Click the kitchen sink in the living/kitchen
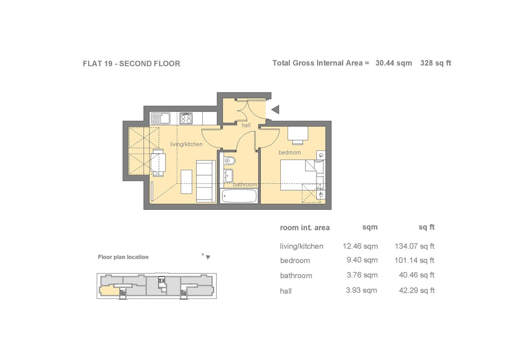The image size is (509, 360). [x=161, y=118]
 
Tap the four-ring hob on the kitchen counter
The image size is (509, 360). [x=186, y=118]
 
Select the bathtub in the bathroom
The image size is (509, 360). [x=239, y=196]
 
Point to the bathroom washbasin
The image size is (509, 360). [x=228, y=175]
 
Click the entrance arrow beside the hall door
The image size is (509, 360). [x=275, y=110]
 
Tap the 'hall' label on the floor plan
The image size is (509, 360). [x=246, y=125]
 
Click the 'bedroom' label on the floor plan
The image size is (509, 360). [x=290, y=152]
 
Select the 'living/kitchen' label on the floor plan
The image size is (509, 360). [x=186, y=144]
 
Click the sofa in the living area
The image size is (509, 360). [x=206, y=181]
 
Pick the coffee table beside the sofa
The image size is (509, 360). [x=186, y=182]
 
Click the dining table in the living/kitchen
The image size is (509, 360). [x=158, y=163]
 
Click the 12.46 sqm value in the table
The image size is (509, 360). [x=360, y=246]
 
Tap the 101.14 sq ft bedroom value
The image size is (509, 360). [x=414, y=260]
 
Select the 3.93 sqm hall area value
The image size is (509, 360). [x=361, y=290]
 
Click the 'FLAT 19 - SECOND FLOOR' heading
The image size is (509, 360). [x=131, y=63]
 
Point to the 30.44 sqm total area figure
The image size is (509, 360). [x=394, y=63]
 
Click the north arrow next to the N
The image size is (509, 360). [x=208, y=257]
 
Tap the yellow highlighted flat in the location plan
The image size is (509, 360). [x=109, y=291]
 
